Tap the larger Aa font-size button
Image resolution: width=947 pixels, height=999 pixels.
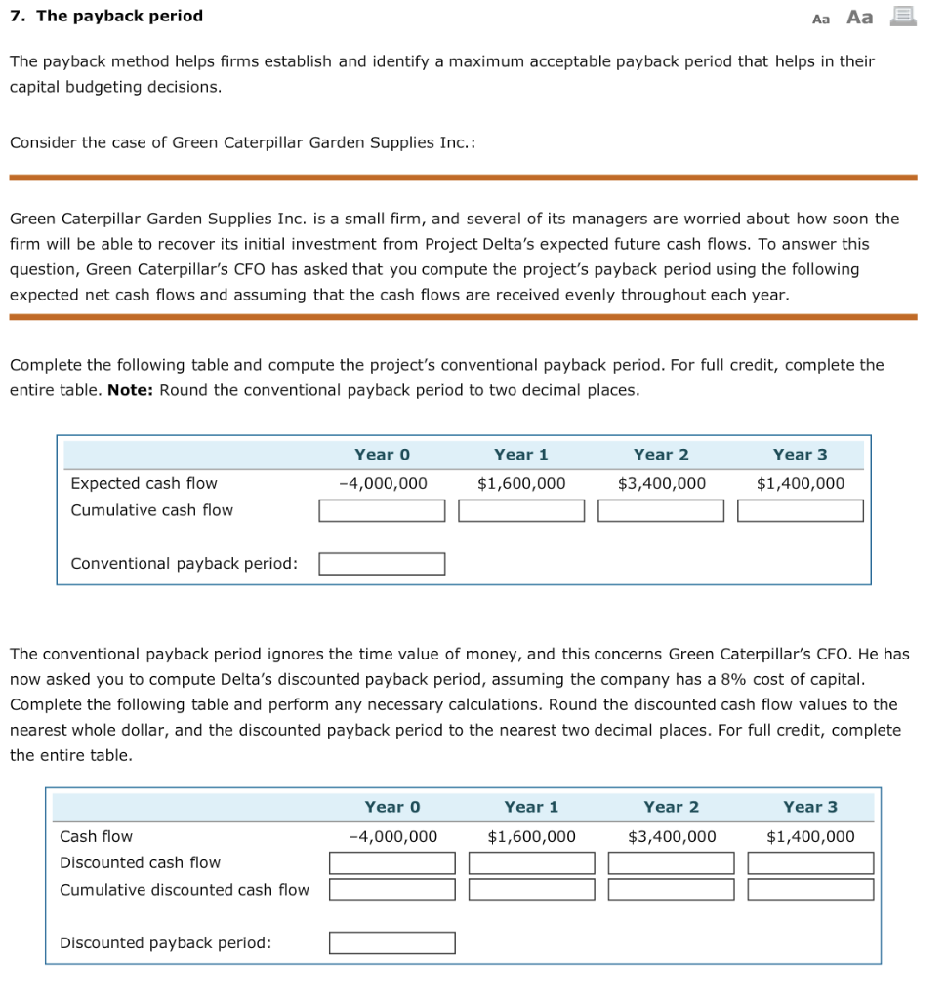[859, 17]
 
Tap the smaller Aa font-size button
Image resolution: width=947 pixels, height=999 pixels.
[821, 18]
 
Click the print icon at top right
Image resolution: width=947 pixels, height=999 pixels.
[905, 16]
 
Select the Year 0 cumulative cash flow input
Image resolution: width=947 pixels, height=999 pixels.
[382, 510]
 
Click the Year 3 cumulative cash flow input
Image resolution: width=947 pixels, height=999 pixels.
[801, 510]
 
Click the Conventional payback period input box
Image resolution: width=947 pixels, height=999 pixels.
[382, 564]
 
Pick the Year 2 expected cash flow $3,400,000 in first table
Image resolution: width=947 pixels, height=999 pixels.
[662, 483]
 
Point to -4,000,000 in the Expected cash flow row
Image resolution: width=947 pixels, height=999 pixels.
[382, 483]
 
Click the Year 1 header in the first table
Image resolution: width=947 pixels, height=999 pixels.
[521, 454]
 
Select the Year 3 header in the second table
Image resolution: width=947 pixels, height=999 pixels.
[810, 807]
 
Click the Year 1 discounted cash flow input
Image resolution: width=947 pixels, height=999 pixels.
[531, 863]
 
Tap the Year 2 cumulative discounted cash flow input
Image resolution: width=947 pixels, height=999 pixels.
[671, 890]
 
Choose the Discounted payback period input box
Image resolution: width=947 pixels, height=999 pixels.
[391, 942]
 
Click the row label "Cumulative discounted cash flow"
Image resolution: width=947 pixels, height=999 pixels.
[185, 890]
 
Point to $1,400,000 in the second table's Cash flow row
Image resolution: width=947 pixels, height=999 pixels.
[810, 836]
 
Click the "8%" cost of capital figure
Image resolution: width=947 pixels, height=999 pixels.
[734, 679]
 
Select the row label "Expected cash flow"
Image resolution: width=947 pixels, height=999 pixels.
[144, 483]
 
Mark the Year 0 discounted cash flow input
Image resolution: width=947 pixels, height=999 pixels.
[391, 863]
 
